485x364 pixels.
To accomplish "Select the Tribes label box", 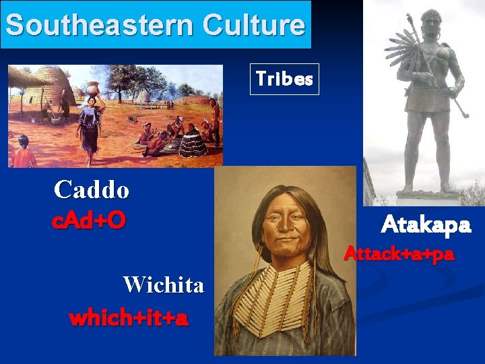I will point(284,80).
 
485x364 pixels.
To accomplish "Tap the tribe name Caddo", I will point(92,189).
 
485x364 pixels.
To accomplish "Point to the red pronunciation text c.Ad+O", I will point(89,221).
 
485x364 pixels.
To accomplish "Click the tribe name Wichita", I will point(163,285).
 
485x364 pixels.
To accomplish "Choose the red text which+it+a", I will point(128,317).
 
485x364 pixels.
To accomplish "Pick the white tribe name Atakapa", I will point(425,224).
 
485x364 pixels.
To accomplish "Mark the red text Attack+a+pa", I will point(399,255).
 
